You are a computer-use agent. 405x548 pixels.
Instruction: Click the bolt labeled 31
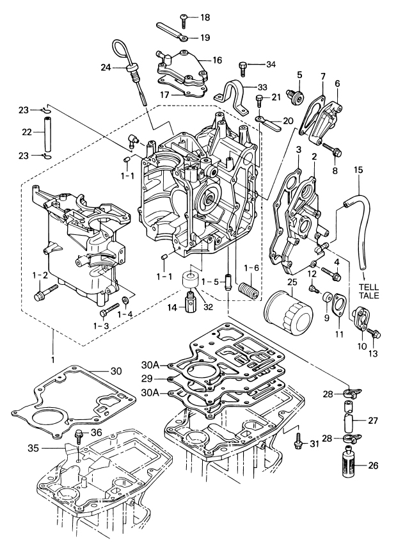[x=298, y=441]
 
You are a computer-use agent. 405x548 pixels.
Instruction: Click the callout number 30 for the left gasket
[x=116, y=371]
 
